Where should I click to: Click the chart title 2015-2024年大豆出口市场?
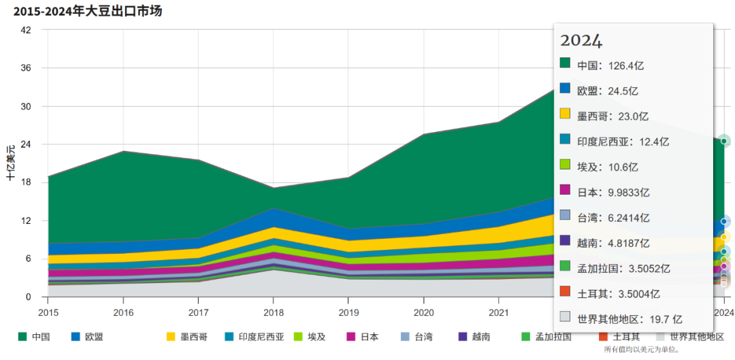point(88,11)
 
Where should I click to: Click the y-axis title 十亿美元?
point(11,163)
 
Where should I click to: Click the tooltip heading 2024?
point(581,41)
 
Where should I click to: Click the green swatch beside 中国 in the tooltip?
point(565,63)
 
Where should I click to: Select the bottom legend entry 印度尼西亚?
point(255,337)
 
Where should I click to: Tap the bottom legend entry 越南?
point(475,337)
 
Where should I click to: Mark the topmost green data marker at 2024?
point(725,141)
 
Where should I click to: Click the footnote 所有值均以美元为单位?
point(641,350)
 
